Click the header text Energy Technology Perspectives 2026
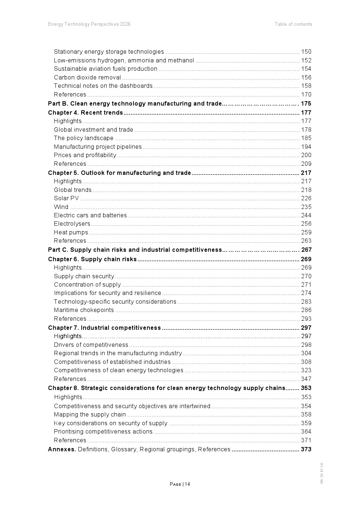[89, 24]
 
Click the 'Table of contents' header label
[293, 24]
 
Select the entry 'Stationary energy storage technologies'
[109, 52]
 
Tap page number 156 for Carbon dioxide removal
[306, 78]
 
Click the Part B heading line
[135, 104]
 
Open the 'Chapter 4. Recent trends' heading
[85, 113]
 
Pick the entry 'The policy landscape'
[83, 138]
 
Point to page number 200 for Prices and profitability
[306, 155]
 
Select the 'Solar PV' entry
[66, 198]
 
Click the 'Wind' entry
[61, 207]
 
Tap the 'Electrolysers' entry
[72, 224]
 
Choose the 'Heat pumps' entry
[71, 233]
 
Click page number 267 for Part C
[306, 250]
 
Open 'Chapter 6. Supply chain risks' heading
[92, 259]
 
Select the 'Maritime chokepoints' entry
[84, 310]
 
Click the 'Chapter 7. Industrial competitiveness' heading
[104, 328]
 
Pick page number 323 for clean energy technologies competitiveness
[306, 370]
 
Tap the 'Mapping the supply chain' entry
[90, 415]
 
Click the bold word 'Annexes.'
[62, 450]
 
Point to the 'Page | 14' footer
[180, 484]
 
